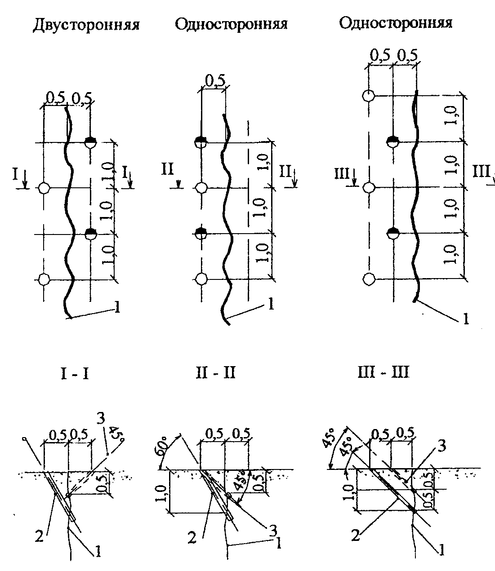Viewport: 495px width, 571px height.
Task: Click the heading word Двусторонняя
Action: tap(86, 25)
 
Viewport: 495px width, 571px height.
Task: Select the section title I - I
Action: tap(75, 374)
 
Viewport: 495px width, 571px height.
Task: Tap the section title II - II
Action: tap(215, 372)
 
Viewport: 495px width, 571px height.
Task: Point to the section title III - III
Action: tap(384, 372)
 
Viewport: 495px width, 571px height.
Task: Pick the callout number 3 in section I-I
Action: tap(101, 419)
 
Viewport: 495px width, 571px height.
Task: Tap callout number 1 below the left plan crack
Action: tap(117, 307)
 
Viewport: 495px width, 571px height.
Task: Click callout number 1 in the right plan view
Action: tap(466, 319)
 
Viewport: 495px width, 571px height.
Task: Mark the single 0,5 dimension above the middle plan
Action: tap(215, 81)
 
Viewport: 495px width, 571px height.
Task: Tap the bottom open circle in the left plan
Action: tap(44, 279)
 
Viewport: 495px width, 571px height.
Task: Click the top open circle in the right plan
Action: tap(369, 96)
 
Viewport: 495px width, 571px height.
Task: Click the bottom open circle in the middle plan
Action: tap(201, 279)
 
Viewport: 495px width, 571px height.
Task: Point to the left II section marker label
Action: tap(168, 169)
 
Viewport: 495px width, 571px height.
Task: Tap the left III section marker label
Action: tap(342, 174)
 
